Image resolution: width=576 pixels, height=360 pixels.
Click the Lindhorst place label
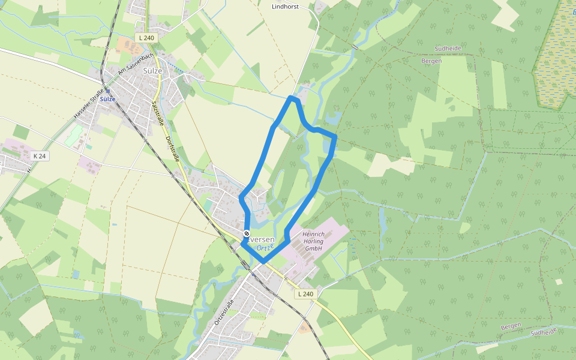pos(284,7)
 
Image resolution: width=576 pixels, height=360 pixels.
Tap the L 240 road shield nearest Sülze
pos(146,37)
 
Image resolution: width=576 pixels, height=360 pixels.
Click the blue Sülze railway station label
pos(107,99)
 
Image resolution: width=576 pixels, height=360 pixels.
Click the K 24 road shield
pos(40,156)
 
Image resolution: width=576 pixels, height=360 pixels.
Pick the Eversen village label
pos(261,239)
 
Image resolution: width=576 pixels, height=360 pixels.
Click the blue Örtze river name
pos(265,247)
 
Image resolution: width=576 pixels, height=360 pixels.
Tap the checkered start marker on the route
pos(247,233)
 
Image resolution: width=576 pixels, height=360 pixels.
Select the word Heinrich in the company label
pos(313,234)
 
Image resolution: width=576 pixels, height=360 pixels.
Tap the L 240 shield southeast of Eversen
pos(305,294)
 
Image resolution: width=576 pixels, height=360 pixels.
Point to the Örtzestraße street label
pos(223,313)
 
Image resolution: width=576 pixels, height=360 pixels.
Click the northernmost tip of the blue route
pos(292,97)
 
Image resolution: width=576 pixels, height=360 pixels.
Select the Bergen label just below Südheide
pos(431,61)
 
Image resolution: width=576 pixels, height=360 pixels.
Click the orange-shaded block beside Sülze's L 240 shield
pos(127,44)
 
